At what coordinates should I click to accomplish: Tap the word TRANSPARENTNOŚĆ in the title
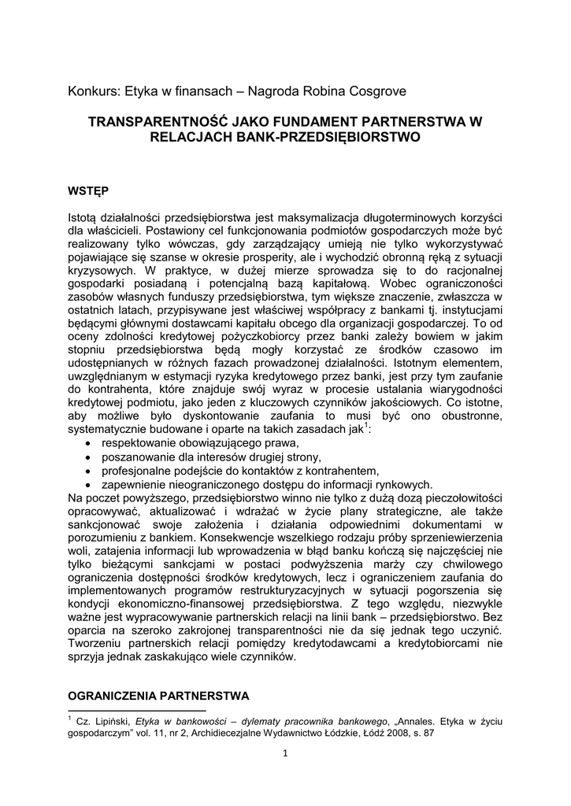coord(157,122)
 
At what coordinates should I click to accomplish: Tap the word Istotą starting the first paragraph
coord(85,216)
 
